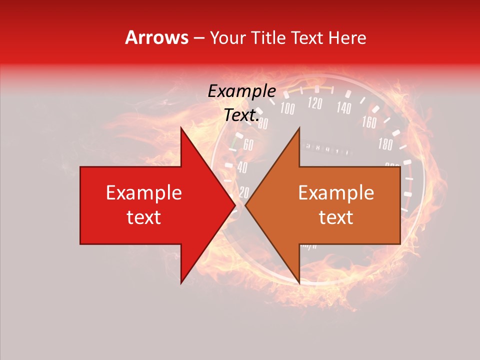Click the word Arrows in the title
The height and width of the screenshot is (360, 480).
(x=156, y=37)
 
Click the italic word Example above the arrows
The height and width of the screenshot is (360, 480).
(x=242, y=91)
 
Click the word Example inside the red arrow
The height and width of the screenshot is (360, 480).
(x=144, y=193)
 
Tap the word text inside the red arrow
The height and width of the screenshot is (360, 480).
(x=144, y=217)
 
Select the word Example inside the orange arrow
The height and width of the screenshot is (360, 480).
(x=336, y=193)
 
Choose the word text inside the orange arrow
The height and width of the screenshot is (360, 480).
(x=336, y=217)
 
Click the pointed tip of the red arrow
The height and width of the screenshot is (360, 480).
(x=235, y=205)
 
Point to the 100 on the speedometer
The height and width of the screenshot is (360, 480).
(x=287, y=108)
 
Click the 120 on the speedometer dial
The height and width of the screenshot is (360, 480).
(x=315, y=103)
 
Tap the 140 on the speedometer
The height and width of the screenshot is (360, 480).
(x=344, y=107)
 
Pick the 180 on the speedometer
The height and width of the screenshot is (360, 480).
(x=385, y=145)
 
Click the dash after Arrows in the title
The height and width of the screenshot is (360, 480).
(x=198, y=37)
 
